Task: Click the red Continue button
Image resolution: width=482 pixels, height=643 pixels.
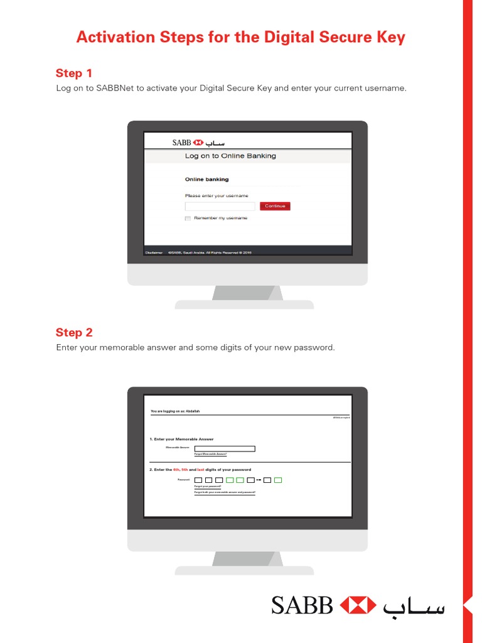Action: pyautogui.click(x=275, y=206)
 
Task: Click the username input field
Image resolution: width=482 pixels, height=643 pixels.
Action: pyautogui.click(x=220, y=206)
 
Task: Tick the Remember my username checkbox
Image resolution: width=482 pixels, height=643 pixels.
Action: pyautogui.click(x=188, y=219)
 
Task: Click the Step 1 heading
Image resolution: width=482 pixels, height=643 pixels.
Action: pyautogui.click(x=74, y=73)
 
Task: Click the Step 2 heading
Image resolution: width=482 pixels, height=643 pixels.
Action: pyautogui.click(x=74, y=332)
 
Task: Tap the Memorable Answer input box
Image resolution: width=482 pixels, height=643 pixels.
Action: pyautogui.click(x=225, y=448)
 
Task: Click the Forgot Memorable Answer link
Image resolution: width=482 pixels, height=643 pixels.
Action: pyautogui.click(x=210, y=454)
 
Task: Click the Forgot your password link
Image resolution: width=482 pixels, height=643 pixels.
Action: pyautogui.click(x=208, y=487)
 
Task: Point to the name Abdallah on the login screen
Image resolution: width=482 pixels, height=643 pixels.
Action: pyautogui.click(x=193, y=411)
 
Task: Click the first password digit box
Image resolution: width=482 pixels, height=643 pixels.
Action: pyautogui.click(x=198, y=480)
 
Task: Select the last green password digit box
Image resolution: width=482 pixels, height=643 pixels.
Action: pyautogui.click(x=278, y=480)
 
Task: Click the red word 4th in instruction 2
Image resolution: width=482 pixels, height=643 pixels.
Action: pyautogui.click(x=176, y=470)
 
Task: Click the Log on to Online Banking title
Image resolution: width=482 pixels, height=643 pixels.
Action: pyautogui.click(x=230, y=156)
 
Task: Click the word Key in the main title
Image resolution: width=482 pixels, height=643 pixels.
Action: pyautogui.click(x=392, y=37)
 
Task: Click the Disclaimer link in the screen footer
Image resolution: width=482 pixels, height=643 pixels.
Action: pyautogui.click(x=154, y=252)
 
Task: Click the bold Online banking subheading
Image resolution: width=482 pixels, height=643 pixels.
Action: pyautogui.click(x=206, y=180)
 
